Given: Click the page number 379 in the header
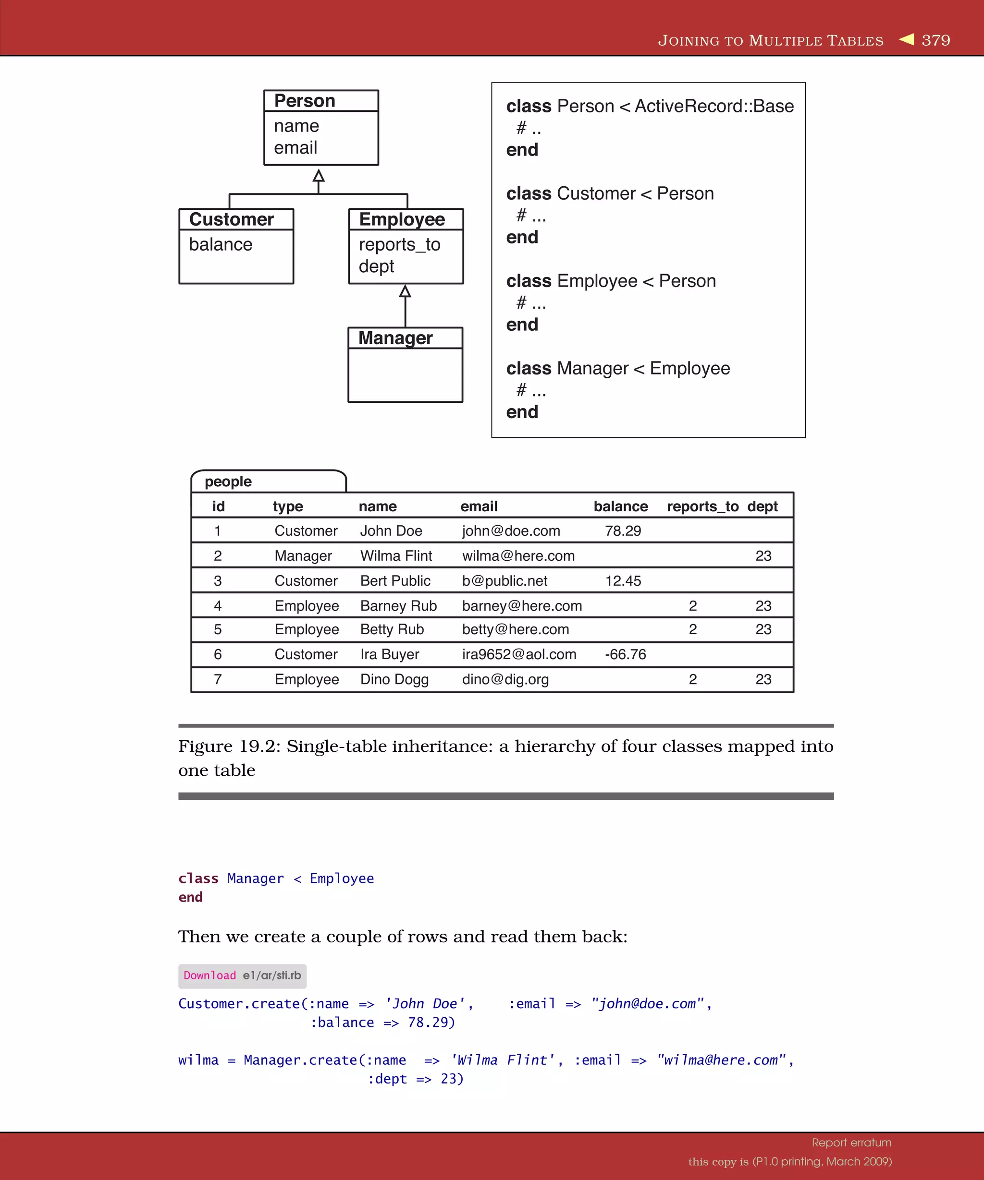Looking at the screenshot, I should (x=935, y=40).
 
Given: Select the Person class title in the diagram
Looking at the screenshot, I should (x=304, y=101).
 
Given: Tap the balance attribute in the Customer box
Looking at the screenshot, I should (x=221, y=244).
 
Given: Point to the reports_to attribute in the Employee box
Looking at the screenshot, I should (x=399, y=244).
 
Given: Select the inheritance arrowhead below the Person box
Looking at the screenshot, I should (x=319, y=175).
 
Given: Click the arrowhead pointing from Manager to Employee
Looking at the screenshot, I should (x=405, y=291).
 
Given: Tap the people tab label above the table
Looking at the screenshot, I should (x=228, y=482).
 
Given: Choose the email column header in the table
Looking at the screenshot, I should (x=479, y=506).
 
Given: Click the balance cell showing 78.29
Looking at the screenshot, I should (x=623, y=531).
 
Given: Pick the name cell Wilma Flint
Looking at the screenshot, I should (x=396, y=556).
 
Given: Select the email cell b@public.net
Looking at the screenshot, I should (x=504, y=580).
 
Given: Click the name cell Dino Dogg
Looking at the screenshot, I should (x=394, y=679).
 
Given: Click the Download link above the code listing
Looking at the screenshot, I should (x=210, y=975).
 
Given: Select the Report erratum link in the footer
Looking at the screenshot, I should (x=851, y=1143).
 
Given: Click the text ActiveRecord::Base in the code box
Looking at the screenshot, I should (x=714, y=106).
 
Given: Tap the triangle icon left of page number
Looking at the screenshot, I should (x=907, y=39).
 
